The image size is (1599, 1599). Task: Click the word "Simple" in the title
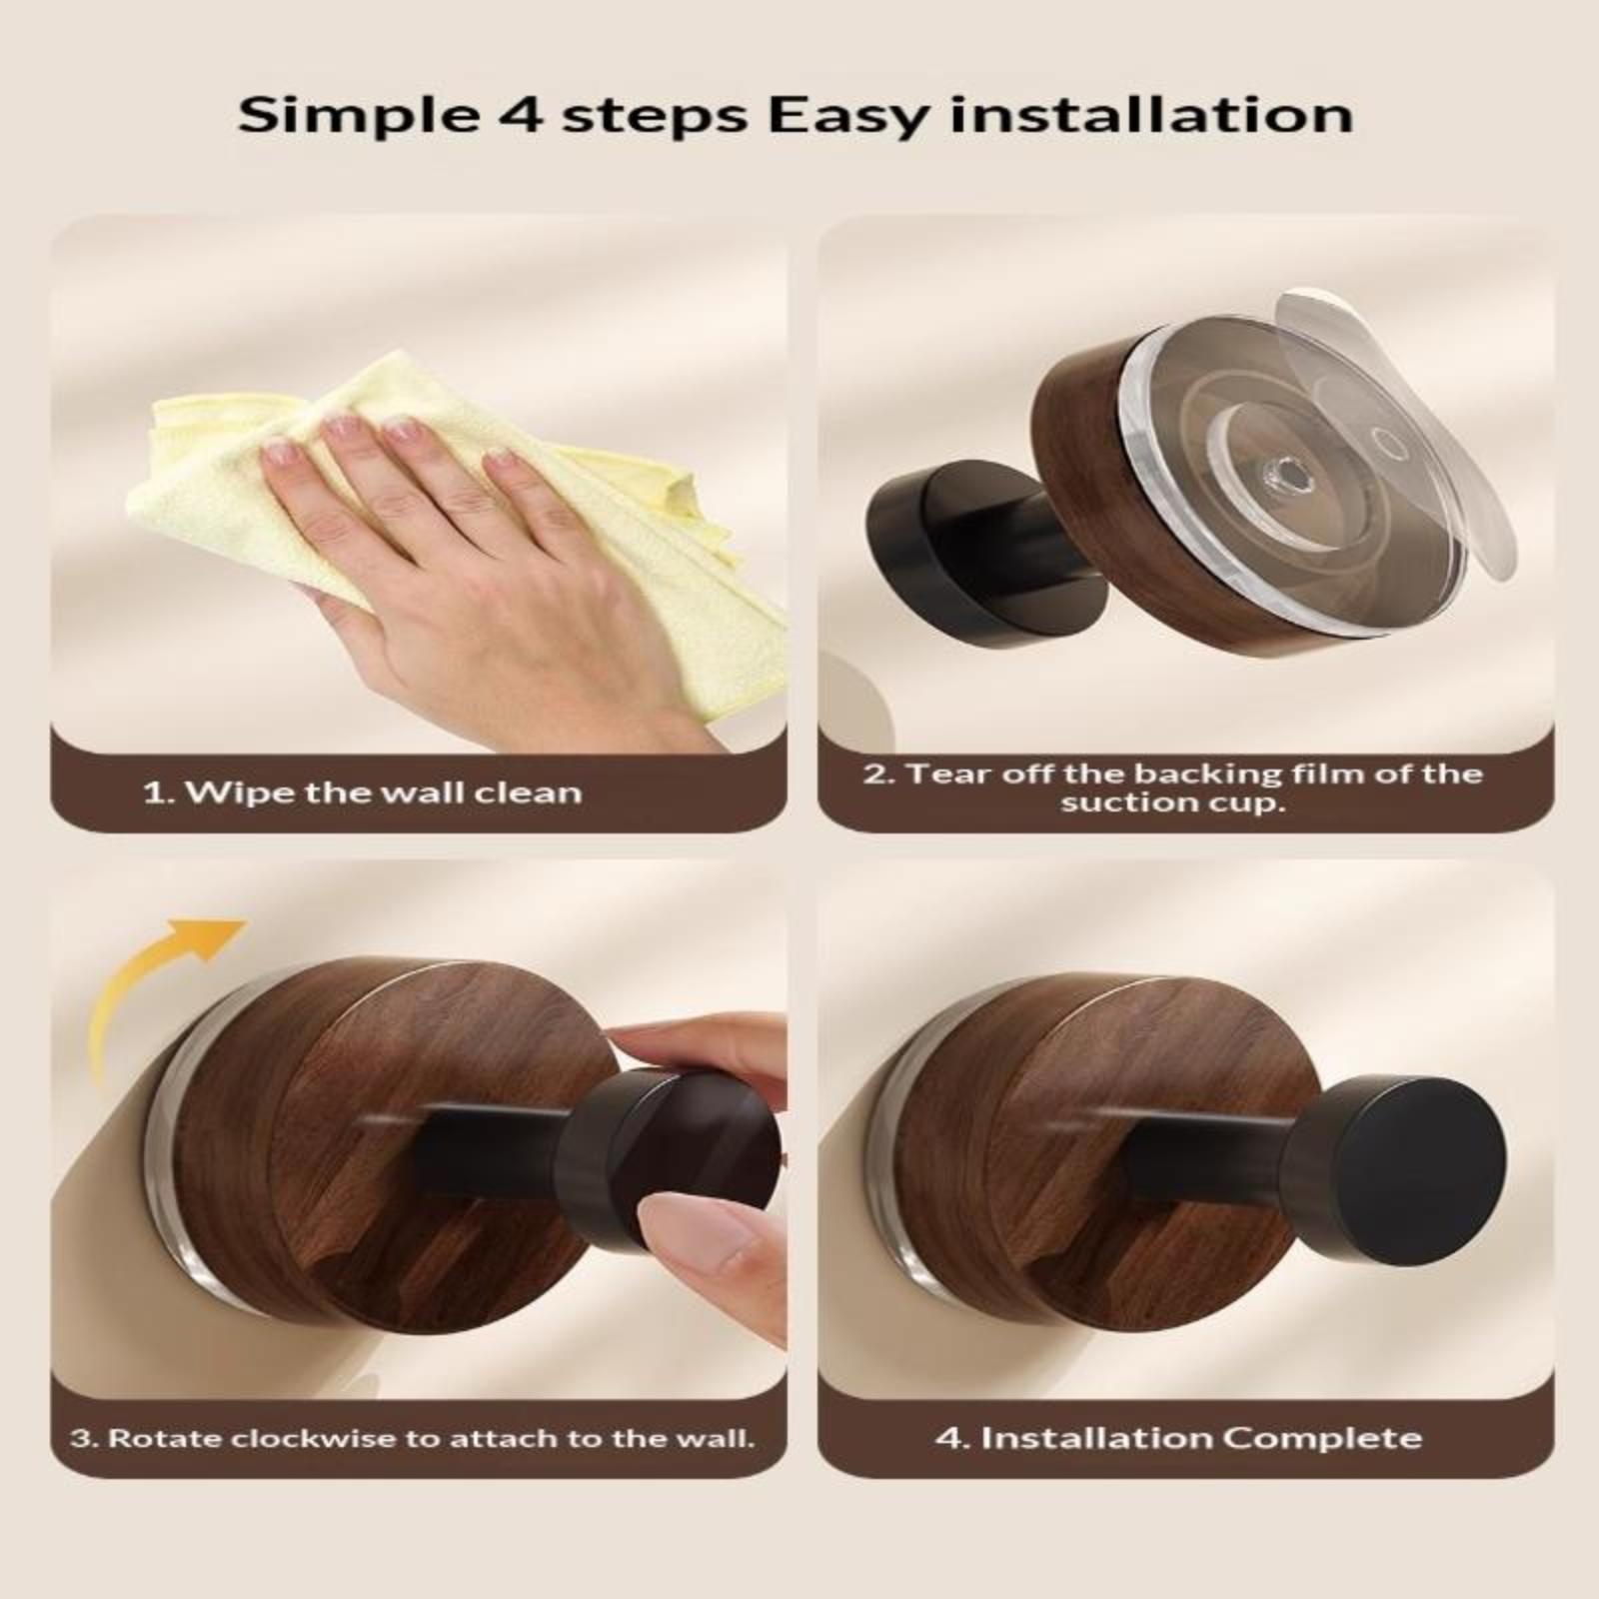coord(359,116)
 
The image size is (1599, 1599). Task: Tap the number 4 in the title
coord(521,115)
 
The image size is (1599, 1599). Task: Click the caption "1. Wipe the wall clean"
coord(362,793)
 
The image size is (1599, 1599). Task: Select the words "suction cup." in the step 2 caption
coord(1172,802)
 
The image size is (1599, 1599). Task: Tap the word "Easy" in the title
coord(848,117)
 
